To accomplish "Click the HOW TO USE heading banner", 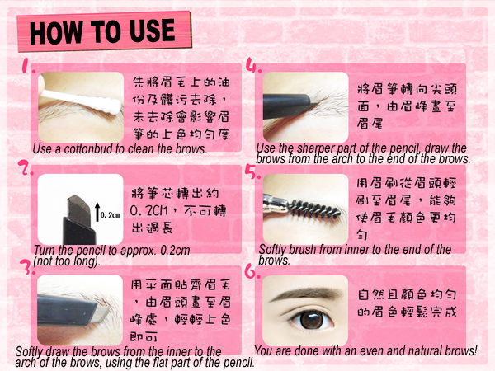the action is coord(105,31).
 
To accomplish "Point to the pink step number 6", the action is coord(252,271).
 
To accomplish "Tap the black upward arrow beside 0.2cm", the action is coord(97,212).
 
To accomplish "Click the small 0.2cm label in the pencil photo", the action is coord(111,215).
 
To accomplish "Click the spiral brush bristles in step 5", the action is coord(316,209).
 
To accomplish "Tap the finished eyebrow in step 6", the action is coord(307,294).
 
